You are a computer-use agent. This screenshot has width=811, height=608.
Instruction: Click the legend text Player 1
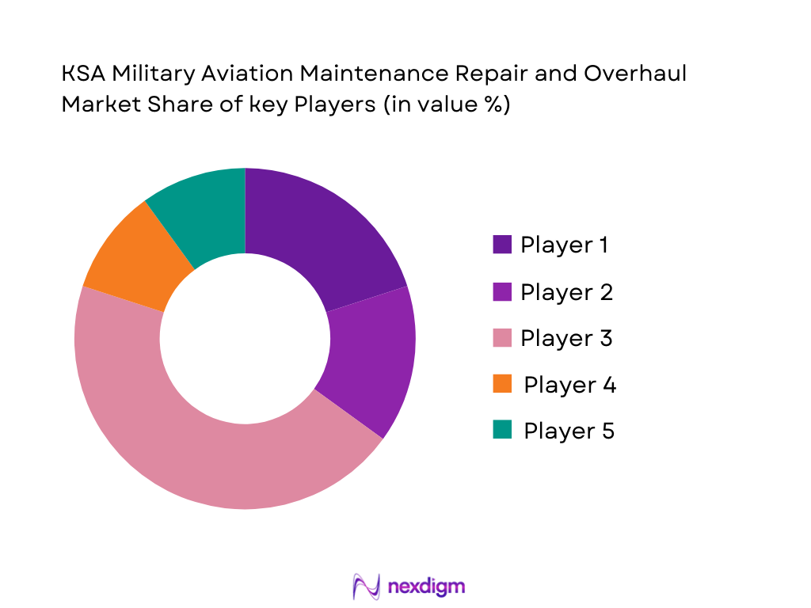(564, 245)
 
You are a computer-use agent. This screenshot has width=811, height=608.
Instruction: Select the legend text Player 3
(566, 338)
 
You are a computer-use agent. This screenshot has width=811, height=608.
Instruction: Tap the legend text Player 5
(569, 431)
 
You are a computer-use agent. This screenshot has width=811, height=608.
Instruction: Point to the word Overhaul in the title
(635, 74)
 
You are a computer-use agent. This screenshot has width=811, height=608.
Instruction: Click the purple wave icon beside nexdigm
(367, 587)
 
